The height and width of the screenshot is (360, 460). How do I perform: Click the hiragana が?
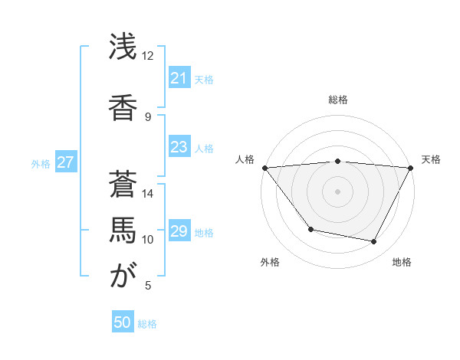[123, 276]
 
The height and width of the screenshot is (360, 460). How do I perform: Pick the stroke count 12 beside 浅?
[148, 56]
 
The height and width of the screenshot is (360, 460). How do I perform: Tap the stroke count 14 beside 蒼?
[148, 194]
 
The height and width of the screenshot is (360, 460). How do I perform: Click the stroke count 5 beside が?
[148, 286]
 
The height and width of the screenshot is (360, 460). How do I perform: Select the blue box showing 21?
[179, 78]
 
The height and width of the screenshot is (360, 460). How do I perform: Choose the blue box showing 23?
[179, 147]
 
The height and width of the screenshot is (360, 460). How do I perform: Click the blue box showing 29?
[179, 231]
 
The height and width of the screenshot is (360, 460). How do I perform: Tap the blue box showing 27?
[65, 162]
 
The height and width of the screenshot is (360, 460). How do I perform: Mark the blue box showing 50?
[123, 322]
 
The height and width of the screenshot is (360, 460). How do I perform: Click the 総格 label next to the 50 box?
[147, 324]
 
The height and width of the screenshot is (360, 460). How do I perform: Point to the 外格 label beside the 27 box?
[41, 163]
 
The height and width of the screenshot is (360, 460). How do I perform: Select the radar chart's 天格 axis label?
[431, 159]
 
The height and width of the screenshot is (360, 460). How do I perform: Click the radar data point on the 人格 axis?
[264, 168]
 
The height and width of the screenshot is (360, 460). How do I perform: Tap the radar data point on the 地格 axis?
[374, 242]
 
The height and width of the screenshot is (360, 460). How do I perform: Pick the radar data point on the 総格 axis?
[337, 161]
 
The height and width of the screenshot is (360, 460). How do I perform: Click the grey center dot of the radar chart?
[337, 191]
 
